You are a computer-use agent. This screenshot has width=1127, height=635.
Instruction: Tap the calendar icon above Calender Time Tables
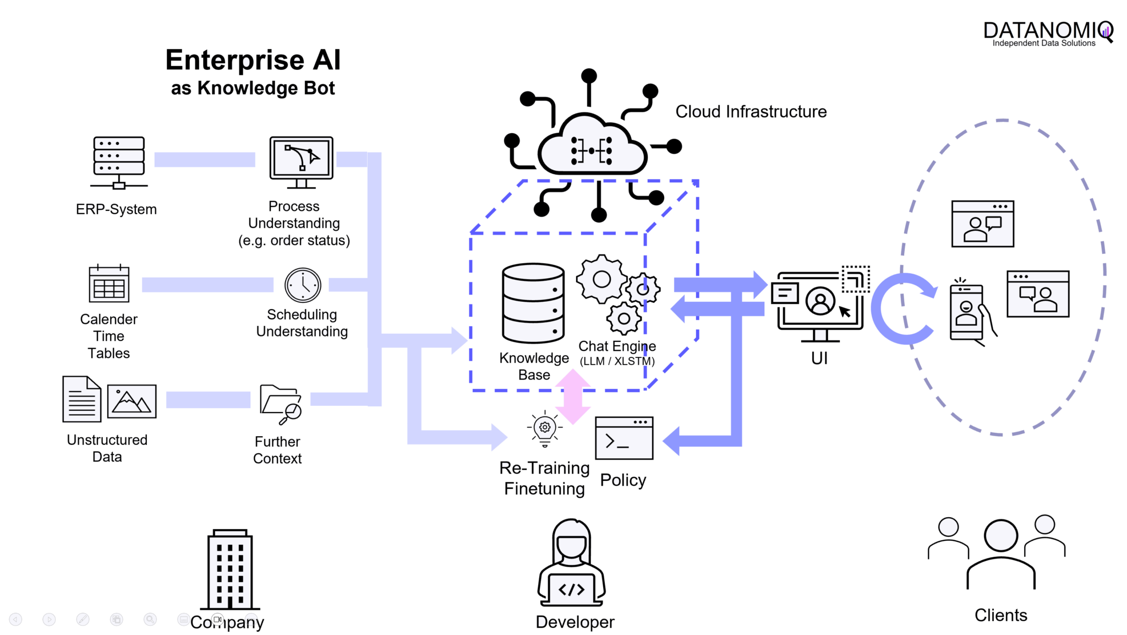pos(109,284)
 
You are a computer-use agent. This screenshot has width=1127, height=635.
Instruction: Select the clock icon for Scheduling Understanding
pos(303,285)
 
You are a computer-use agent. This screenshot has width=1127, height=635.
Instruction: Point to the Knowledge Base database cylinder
pos(533,303)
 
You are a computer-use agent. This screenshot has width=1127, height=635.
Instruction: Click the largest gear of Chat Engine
pos(601,279)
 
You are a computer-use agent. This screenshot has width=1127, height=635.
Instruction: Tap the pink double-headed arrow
pos(573,397)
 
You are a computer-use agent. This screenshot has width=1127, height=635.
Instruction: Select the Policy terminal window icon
pos(624,438)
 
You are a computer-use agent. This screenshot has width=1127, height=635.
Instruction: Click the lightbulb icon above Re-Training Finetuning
pos(545,428)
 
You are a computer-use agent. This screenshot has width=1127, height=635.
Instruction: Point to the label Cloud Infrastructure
pos(751,112)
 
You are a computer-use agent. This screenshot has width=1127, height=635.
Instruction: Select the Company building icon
pos(230,570)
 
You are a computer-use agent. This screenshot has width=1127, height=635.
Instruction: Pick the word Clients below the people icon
pos(1000,615)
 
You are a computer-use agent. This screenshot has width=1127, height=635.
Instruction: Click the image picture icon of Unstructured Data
pos(132,401)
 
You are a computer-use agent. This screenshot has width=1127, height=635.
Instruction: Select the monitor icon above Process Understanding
pos(301,161)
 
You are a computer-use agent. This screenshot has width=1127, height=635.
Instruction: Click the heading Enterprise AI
pos(253,59)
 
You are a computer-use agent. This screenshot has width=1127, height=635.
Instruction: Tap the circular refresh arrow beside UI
pos(902,308)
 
